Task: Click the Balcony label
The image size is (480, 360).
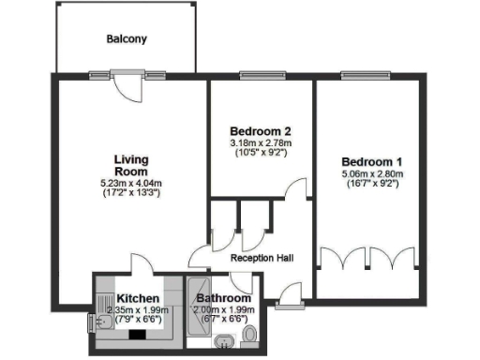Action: tap(127, 39)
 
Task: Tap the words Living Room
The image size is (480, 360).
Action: tap(131, 166)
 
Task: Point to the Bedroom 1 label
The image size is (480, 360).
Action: tap(372, 160)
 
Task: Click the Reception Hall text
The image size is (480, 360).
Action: tap(262, 258)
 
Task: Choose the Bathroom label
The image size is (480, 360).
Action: tap(225, 299)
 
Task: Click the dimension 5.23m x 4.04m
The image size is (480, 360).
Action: tap(131, 184)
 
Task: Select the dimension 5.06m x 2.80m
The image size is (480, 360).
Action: tap(372, 174)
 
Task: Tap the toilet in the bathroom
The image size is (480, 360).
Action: tap(248, 335)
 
